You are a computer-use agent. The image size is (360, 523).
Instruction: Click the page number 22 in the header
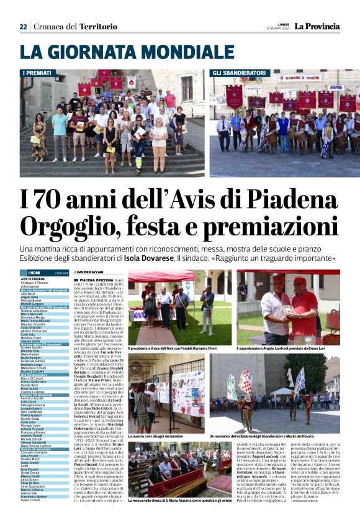[23, 27]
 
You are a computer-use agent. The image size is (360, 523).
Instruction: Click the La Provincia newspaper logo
[317, 26]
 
